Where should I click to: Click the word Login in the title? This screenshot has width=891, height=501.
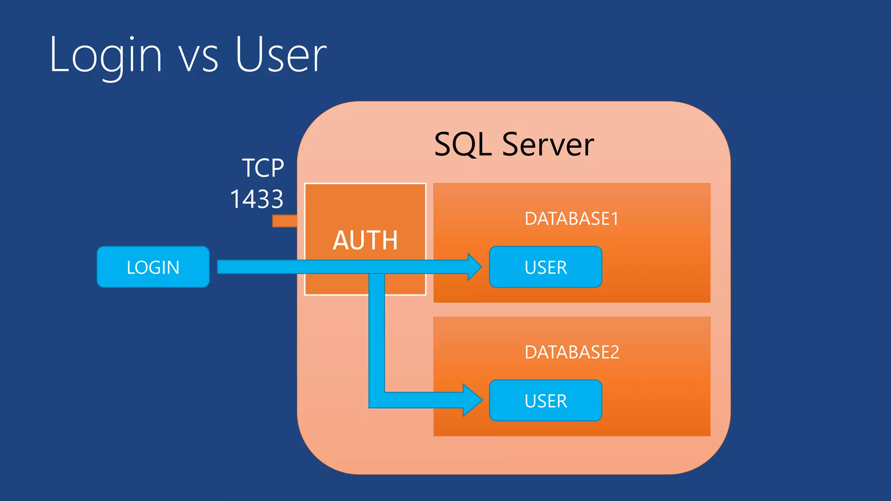(x=106, y=56)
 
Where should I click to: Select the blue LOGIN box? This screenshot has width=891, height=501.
(x=153, y=267)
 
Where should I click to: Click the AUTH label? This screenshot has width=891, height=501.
(x=365, y=240)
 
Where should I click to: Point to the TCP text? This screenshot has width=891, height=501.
(x=263, y=168)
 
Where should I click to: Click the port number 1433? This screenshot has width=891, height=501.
(x=257, y=199)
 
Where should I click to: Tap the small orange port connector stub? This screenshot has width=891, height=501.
(x=285, y=221)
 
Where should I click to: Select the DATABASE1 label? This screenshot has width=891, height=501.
(x=571, y=219)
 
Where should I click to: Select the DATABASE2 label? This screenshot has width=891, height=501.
(x=571, y=352)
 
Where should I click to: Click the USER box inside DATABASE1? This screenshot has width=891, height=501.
(x=546, y=267)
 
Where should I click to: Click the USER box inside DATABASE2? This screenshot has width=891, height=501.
(x=546, y=401)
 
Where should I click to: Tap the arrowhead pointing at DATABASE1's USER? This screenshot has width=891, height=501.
(x=474, y=267)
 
